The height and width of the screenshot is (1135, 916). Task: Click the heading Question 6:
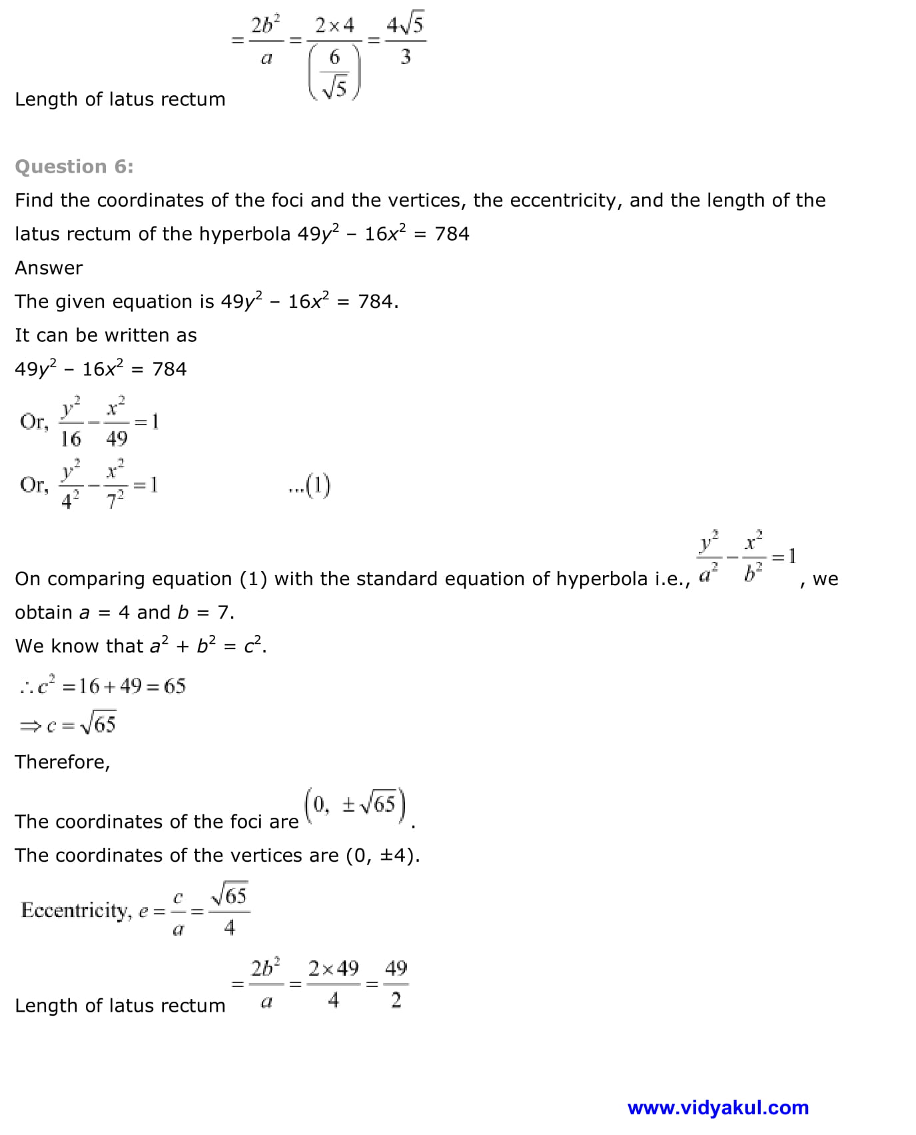coord(74,167)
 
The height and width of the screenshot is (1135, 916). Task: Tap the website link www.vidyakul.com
coord(717,1108)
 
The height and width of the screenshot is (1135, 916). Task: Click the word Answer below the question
coord(49,268)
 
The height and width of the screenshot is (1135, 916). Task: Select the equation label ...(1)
coord(310,486)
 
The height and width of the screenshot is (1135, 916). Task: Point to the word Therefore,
coord(63,762)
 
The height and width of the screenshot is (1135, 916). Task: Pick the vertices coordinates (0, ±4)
coord(382,855)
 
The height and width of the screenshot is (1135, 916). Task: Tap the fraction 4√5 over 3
coord(404,40)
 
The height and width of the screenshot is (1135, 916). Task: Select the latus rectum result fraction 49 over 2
coord(396,984)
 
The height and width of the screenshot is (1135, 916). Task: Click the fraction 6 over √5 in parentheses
coord(334,72)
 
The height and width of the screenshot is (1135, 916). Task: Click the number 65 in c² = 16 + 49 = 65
coord(175,686)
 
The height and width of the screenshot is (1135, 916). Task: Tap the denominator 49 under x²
coord(117,439)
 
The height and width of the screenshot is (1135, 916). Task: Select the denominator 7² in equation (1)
coord(115,500)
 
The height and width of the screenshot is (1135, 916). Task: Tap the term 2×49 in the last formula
coord(333,968)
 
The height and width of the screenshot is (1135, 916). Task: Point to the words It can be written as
coord(106,335)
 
